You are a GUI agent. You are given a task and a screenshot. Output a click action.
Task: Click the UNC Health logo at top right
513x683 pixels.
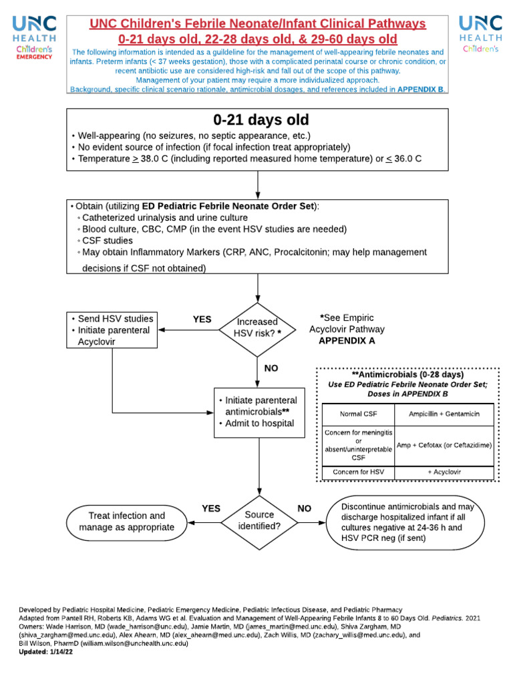point(480,34)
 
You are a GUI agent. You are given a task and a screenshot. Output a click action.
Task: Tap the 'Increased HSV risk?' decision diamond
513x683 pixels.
point(258,327)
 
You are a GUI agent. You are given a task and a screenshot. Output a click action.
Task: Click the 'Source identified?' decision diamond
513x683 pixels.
point(259,520)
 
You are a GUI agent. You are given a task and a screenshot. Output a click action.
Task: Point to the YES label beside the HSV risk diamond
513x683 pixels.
point(202,319)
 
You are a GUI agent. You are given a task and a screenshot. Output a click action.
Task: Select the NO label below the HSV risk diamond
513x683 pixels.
point(272,368)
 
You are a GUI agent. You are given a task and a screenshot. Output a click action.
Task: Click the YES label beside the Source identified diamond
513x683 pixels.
point(211,508)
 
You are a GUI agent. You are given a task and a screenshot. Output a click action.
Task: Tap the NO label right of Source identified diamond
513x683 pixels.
point(305,508)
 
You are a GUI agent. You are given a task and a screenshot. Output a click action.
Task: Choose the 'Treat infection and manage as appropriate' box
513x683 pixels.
point(126,522)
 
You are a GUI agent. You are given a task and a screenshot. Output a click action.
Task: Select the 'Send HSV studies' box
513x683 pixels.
point(112,330)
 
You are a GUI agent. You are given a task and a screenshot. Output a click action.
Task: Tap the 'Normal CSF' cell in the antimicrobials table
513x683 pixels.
point(358,414)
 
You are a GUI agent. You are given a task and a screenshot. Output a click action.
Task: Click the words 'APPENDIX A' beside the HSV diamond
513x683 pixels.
point(347,340)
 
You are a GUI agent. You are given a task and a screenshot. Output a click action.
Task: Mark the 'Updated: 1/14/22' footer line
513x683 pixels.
point(47,652)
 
